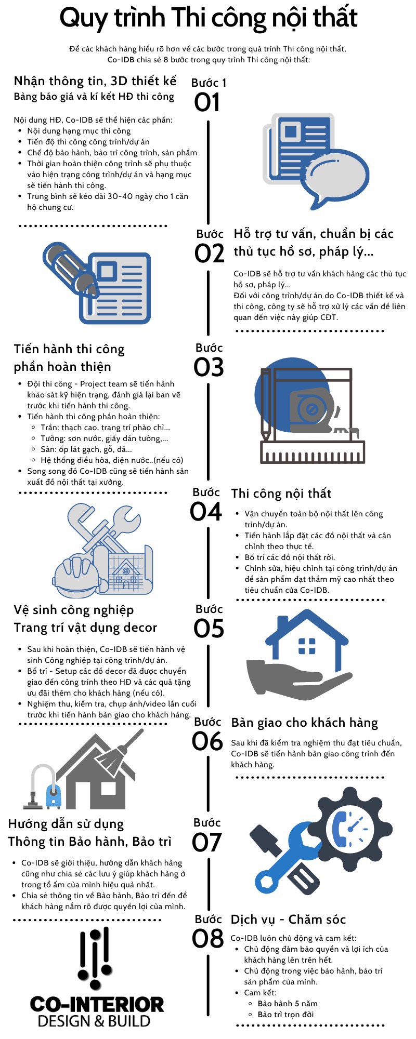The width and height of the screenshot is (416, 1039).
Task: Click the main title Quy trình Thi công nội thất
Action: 208,18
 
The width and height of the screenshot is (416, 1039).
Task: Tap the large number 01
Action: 207,102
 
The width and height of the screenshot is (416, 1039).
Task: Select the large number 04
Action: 206,512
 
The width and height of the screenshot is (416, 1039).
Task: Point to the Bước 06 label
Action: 207,722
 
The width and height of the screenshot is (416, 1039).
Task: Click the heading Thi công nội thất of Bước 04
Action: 281,494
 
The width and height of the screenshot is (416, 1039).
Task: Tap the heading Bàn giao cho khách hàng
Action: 304,723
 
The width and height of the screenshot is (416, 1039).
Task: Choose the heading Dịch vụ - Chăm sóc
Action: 288,919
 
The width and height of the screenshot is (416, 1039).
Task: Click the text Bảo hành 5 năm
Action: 287,1003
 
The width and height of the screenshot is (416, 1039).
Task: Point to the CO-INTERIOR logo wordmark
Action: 97,1004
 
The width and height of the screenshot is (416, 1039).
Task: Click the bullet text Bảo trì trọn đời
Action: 285,1014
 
